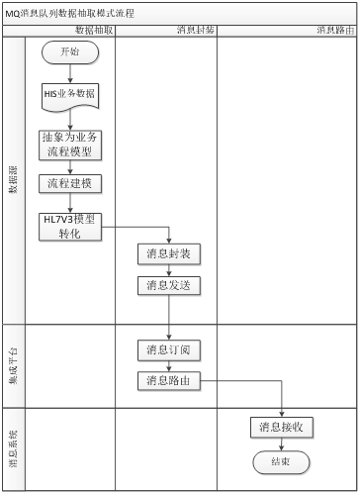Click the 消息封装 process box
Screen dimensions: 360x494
169,254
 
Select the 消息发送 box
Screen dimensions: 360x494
169,285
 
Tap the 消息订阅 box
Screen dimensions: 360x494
169,349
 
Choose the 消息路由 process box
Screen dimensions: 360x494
169,380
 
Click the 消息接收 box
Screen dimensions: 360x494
281,428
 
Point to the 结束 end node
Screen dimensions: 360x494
281,461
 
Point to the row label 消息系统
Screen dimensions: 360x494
13,447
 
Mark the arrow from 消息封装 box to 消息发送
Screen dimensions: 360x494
169,269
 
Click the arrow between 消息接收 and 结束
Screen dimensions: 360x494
281,445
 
